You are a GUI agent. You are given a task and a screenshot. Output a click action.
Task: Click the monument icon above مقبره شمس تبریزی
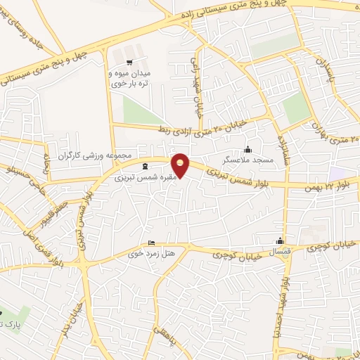(145, 167)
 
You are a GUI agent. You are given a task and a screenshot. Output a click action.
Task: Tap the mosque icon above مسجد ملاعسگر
(247, 150)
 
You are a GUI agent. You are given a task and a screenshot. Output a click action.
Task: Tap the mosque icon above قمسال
(281, 240)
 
